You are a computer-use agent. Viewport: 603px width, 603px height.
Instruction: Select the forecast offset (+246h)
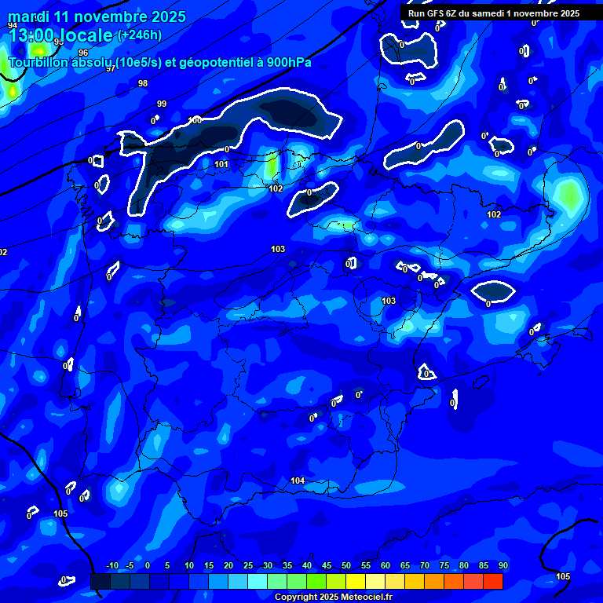(139, 35)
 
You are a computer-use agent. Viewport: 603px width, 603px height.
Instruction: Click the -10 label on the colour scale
(111, 566)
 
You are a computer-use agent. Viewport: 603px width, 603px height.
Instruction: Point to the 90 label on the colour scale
(502, 566)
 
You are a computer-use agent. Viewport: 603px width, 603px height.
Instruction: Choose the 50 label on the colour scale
(345, 566)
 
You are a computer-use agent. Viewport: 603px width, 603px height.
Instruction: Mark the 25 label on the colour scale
(247, 566)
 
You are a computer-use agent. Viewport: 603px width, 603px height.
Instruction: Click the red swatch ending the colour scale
(492, 581)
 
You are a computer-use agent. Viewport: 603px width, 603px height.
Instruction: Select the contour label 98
(142, 83)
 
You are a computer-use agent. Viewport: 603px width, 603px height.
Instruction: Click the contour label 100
(195, 120)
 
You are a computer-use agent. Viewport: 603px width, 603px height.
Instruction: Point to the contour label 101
(221, 165)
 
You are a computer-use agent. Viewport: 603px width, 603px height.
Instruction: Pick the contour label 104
(298, 481)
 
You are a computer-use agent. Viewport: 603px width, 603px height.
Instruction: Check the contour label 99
(162, 104)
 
